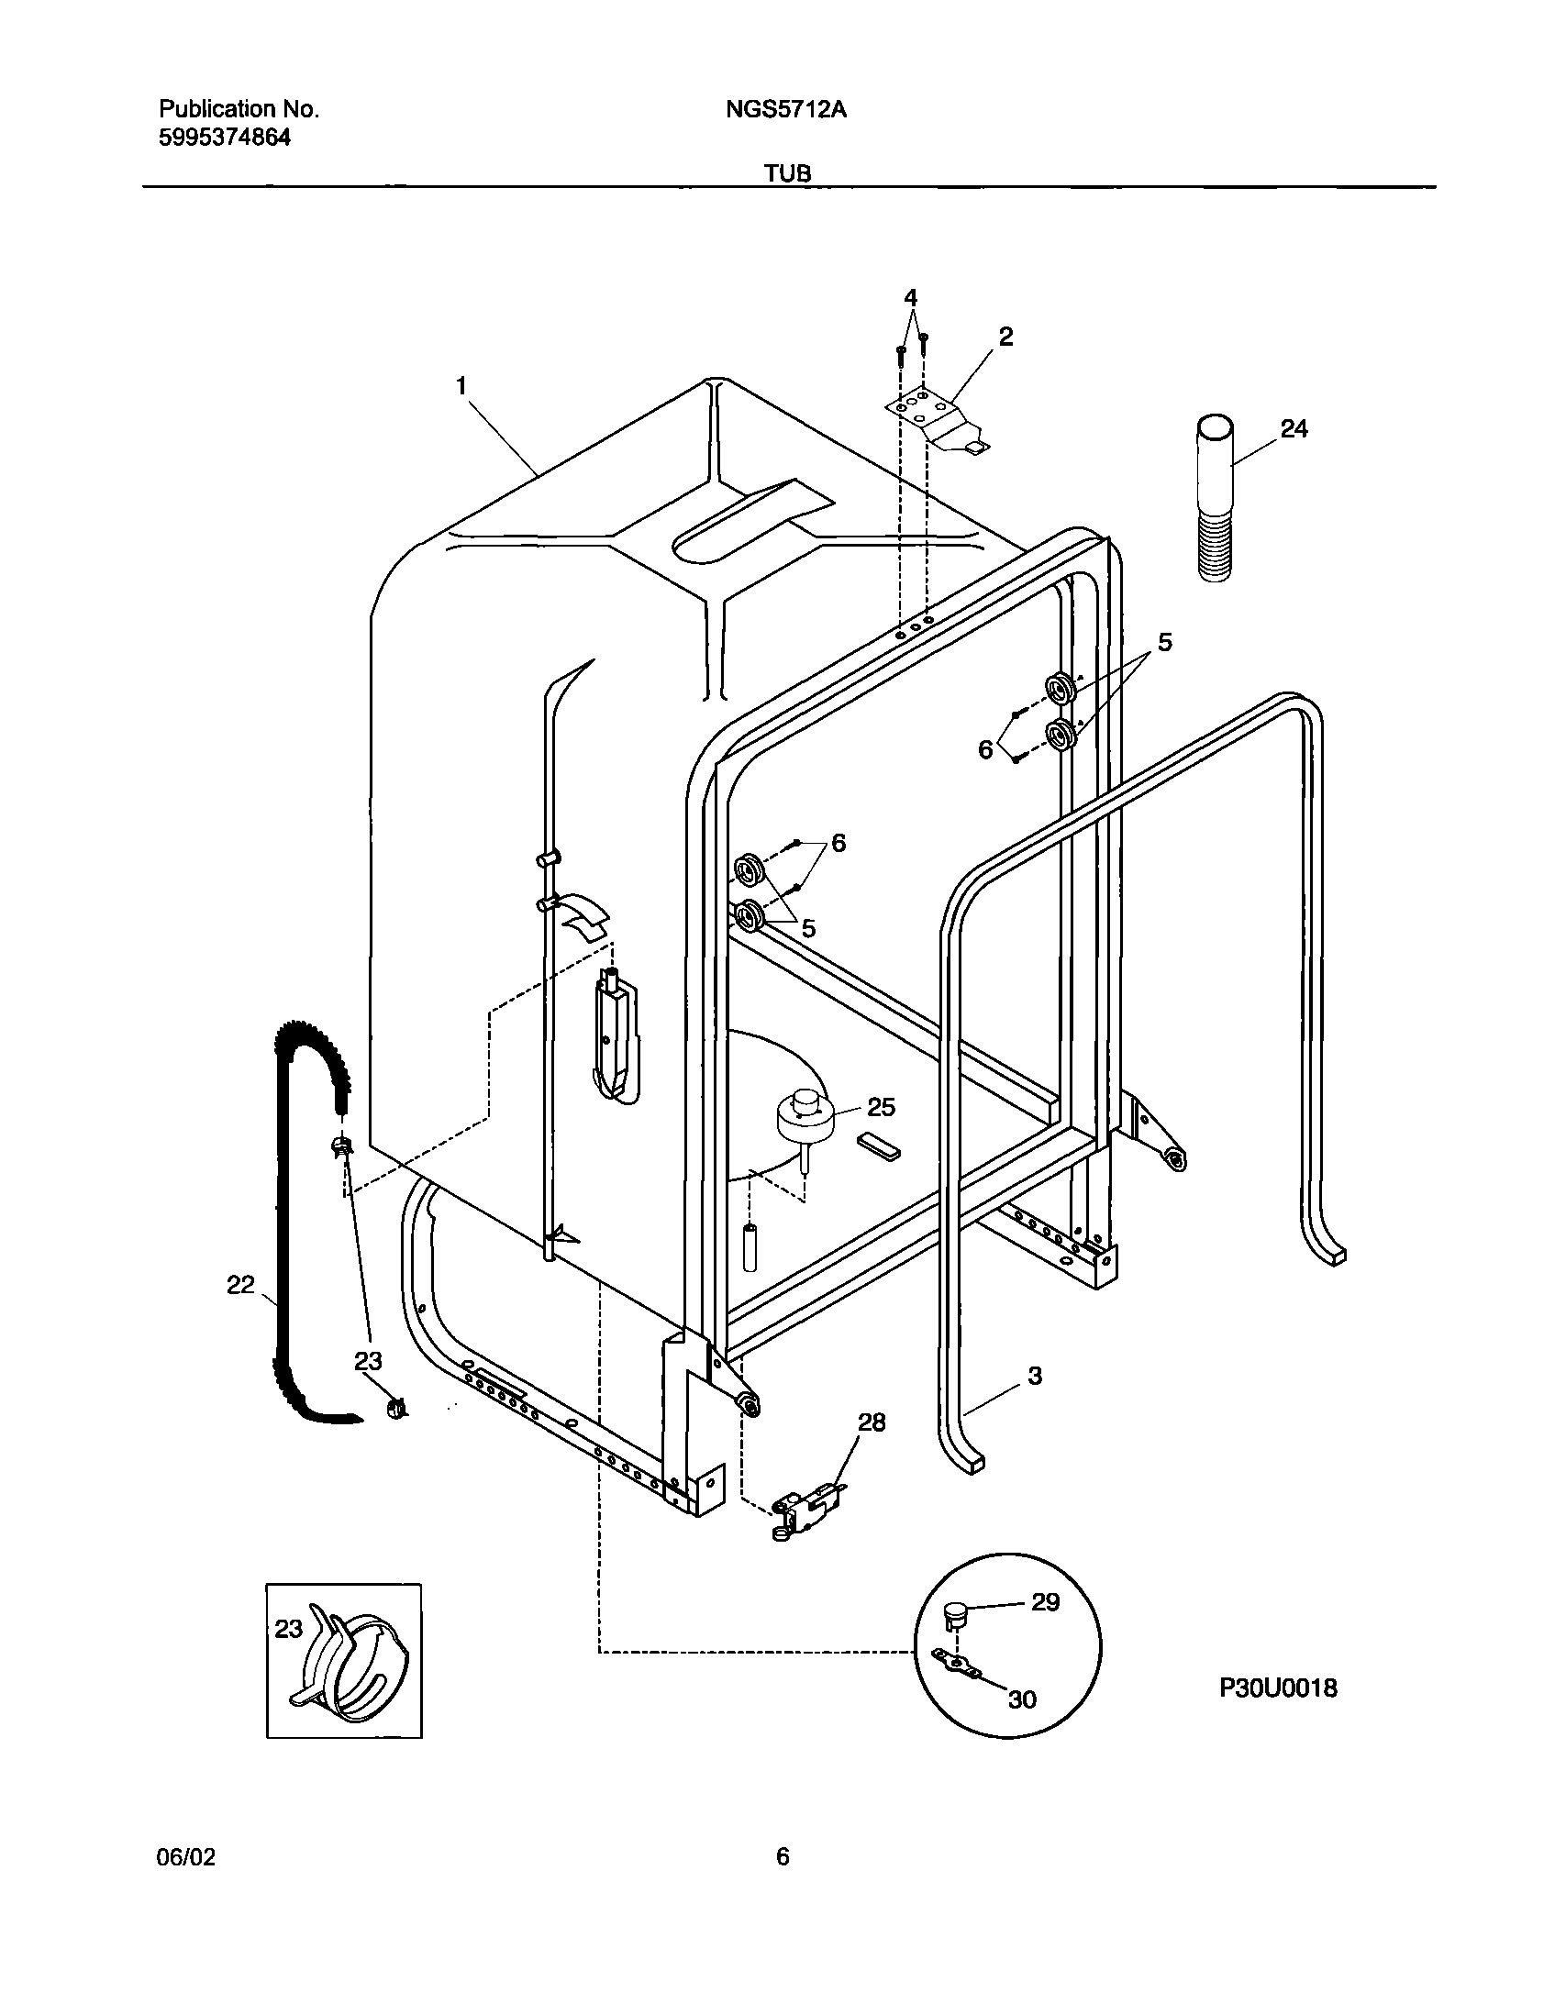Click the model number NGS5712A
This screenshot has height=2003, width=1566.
click(x=785, y=110)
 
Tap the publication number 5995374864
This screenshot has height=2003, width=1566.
click(x=225, y=138)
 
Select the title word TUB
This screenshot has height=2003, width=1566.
click(x=788, y=173)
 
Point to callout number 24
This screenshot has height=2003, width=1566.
click(x=1294, y=428)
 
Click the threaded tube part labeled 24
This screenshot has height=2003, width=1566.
click(x=1215, y=500)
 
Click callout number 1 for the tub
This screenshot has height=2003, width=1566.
click(x=461, y=386)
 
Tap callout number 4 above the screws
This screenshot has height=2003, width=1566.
click(x=910, y=297)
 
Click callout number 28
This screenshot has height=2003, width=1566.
click(x=872, y=1422)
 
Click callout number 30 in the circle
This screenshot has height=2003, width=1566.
click(x=1022, y=1699)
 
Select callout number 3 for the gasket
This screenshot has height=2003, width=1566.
click(x=1035, y=1375)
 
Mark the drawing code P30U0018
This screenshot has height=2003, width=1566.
click(x=1278, y=1688)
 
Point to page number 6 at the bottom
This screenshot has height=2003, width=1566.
click(x=782, y=1857)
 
